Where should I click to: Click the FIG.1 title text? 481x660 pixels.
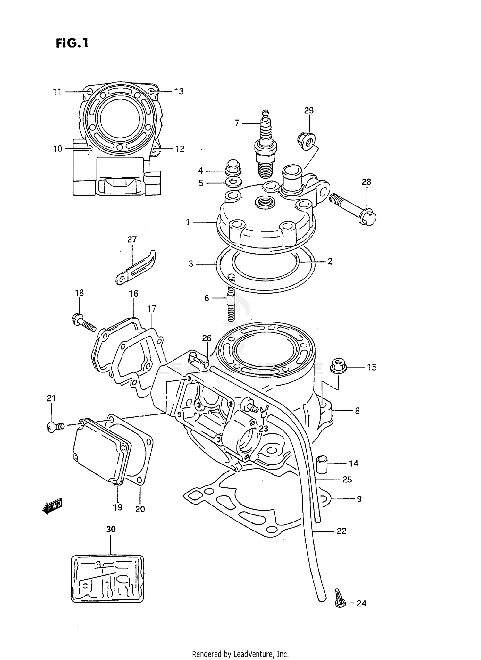click(72, 43)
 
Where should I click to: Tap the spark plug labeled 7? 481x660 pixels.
click(266, 146)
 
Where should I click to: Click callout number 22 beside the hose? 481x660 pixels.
click(342, 531)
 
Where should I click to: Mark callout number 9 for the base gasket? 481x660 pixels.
click(359, 499)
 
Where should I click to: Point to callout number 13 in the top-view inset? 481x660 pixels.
click(179, 91)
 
